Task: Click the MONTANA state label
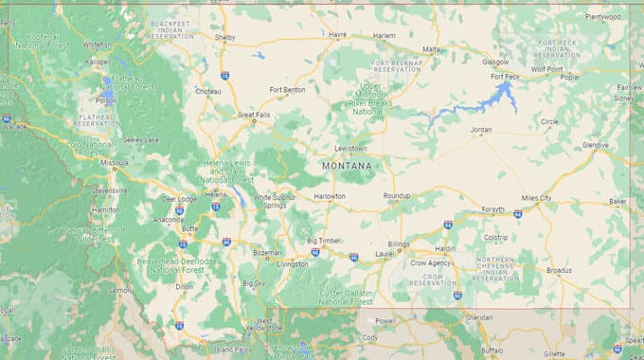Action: click(347, 166)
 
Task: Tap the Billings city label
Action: click(398, 243)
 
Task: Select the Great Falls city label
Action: click(254, 115)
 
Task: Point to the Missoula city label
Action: click(115, 162)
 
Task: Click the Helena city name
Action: click(217, 194)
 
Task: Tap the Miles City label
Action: click(536, 198)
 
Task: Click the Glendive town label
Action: click(596, 144)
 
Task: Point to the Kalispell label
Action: click(99, 62)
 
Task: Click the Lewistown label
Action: click(349, 149)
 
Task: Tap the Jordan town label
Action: click(481, 129)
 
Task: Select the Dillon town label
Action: click(185, 286)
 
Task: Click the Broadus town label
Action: click(560, 270)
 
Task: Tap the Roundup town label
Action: click(397, 196)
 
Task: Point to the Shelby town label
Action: click(225, 38)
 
